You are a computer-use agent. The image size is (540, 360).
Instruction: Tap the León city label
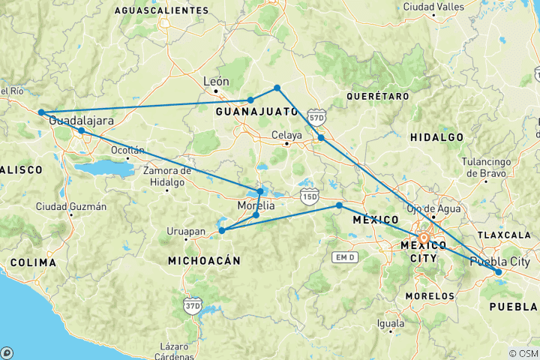click(216, 81)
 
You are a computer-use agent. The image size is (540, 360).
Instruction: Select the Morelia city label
click(256, 205)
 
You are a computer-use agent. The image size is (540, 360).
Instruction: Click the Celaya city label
click(286, 136)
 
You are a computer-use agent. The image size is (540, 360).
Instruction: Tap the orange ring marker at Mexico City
click(424, 239)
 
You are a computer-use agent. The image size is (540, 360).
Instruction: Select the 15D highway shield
click(308, 197)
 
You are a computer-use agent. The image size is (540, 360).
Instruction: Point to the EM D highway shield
click(343, 257)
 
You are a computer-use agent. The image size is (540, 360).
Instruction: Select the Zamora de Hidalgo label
click(167, 177)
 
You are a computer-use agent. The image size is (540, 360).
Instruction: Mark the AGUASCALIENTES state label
click(161, 10)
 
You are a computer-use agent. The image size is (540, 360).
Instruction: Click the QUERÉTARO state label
click(378, 96)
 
